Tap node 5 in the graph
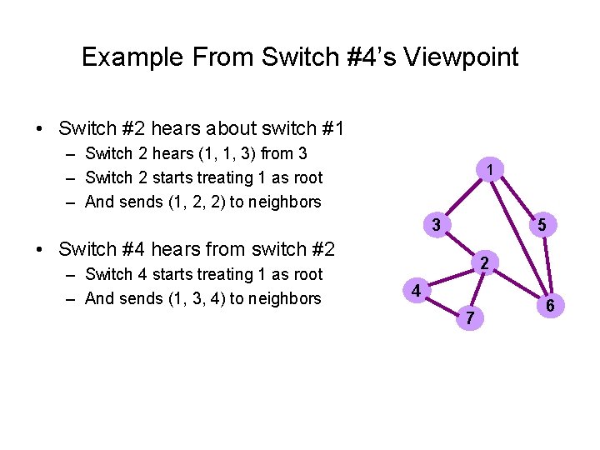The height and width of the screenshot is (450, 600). click(541, 224)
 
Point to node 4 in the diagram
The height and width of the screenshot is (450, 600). click(416, 291)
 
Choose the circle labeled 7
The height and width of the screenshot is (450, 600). click(472, 317)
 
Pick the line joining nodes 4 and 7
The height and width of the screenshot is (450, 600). click(443, 304)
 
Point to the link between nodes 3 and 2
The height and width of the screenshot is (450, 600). click(460, 244)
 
